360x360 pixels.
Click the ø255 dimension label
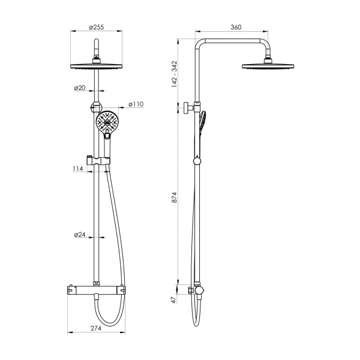coord(97,27)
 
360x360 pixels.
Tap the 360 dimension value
coord(236,27)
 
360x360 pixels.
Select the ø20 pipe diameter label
coord(80,88)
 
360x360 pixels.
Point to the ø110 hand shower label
coord(136,104)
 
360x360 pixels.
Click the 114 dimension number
coord(78,169)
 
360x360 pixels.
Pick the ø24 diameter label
coord(80,235)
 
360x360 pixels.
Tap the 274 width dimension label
coord(96,328)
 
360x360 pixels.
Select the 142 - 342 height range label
coord(175,74)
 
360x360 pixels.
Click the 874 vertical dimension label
coord(175,197)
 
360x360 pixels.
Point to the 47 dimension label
coord(174,299)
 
